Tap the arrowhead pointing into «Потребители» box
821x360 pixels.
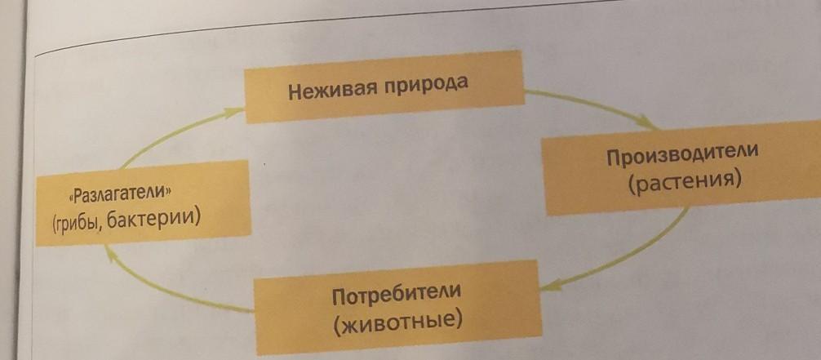(x=548, y=286)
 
